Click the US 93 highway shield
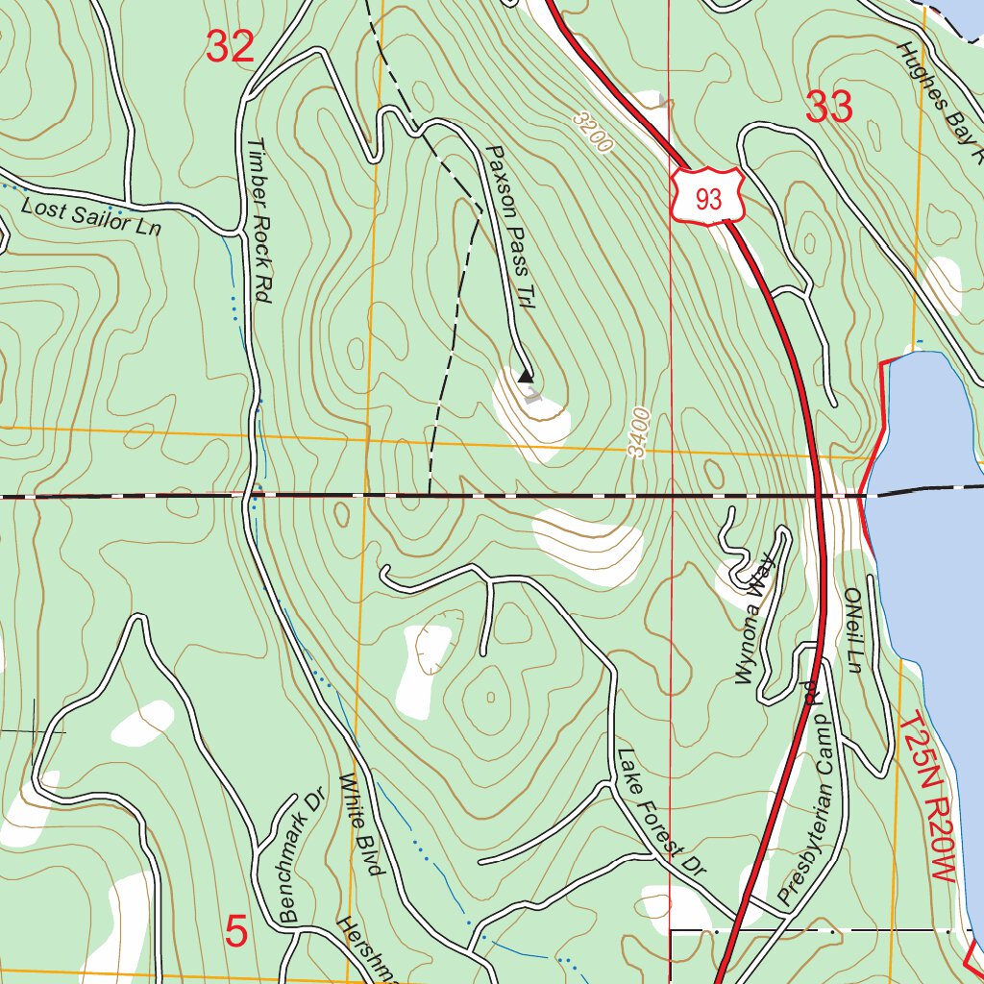point(708,197)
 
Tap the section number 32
point(231,47)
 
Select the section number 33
point(828,108)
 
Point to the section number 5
point(236,931)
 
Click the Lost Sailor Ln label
point(91,216)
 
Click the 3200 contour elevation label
point(592,132)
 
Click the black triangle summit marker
point(525,377)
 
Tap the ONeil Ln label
point(851,630)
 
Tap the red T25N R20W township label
point(929,799)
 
